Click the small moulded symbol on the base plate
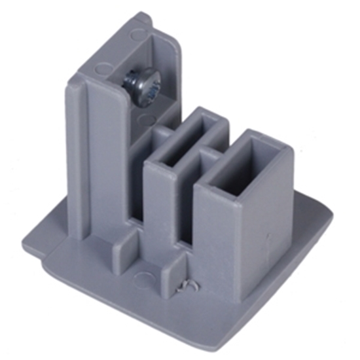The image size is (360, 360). coord(187,287)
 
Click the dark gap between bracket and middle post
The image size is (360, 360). coord(137,190)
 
